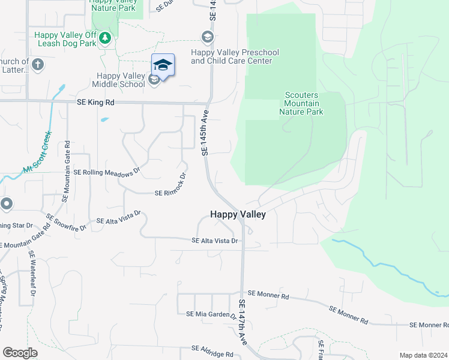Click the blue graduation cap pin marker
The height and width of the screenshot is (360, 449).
coord(163,65)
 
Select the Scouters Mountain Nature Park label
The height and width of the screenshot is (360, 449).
coord(303,104)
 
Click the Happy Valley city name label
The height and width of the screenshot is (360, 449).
coord(238,214)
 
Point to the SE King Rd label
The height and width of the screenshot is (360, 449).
coord(95,103)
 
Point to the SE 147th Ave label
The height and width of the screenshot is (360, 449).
coord(243,322)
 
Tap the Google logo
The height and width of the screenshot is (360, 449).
coord(20,353)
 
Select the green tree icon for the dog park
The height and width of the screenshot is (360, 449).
coord(106,38)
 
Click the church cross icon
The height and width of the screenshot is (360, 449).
coord(37,64)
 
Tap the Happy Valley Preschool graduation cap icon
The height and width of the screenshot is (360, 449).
coord(207,38)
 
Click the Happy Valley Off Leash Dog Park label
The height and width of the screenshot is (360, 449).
coord(65,40)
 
